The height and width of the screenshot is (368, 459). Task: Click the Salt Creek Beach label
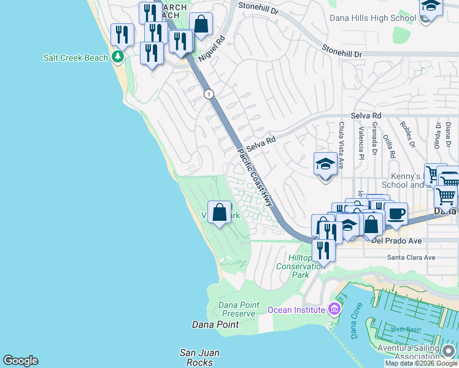point(75,58)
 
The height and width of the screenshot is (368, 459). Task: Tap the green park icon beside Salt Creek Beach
point(118,57)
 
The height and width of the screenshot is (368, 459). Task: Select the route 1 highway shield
point(210,94)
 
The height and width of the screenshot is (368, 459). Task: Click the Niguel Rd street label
point(212,48)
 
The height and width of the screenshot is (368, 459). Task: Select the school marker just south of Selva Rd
point(325,164)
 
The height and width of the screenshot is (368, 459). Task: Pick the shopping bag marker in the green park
point(219,213)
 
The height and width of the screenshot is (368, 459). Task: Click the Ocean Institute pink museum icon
point(334,309)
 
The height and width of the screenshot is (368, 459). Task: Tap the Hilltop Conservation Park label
point(301,267)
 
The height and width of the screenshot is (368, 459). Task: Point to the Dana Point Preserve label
point(236,309)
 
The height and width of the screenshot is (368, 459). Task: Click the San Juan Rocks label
point(199,358)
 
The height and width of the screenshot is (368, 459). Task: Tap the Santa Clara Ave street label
point(411,258)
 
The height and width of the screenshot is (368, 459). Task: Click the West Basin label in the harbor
point(406,329)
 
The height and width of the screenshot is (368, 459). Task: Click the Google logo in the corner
point(20,361)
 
